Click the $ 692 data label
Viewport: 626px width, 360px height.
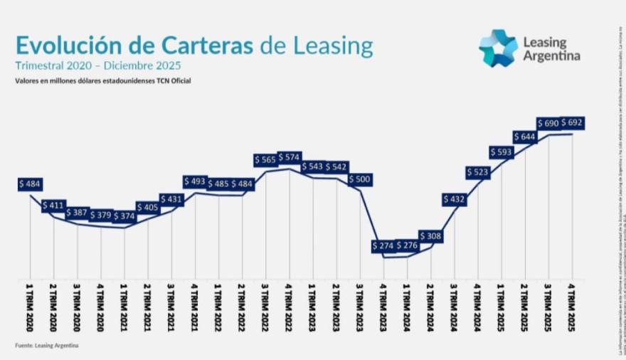[572, 123]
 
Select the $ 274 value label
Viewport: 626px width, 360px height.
[383, 246]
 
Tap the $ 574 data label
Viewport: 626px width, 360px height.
[290, 157]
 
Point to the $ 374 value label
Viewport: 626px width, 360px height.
[124, 216]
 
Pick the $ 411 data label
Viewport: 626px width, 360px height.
[54, 206]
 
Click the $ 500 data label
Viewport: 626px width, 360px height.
[360, 179]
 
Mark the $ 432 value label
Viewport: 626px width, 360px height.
[454, 200]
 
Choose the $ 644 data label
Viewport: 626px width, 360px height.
[525, 137]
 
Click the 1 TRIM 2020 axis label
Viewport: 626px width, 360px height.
[30, 307]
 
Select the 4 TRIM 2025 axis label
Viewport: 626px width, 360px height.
[572, 307]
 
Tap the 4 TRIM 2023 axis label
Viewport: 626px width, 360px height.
[383, 307]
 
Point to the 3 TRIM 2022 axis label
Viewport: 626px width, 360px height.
[265, 307]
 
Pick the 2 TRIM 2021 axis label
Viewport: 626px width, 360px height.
[148, 307]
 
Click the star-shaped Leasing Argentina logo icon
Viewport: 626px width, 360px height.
[497, 48]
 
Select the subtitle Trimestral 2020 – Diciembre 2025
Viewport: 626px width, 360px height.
[98, 65]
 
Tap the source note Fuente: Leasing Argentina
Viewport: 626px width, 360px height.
[47, 345]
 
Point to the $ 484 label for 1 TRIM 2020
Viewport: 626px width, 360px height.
[31, 184]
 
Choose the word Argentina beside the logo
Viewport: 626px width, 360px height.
[551, 55]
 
